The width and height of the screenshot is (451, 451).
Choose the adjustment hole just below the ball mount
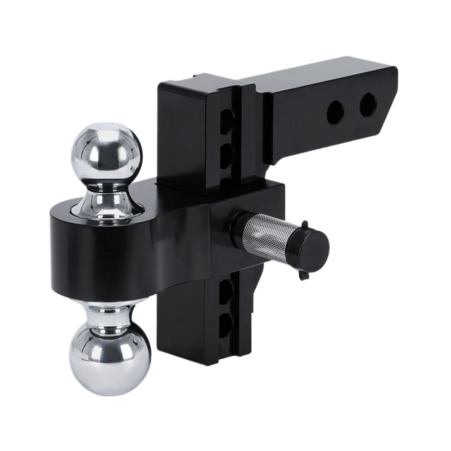[x=227, y=290]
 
